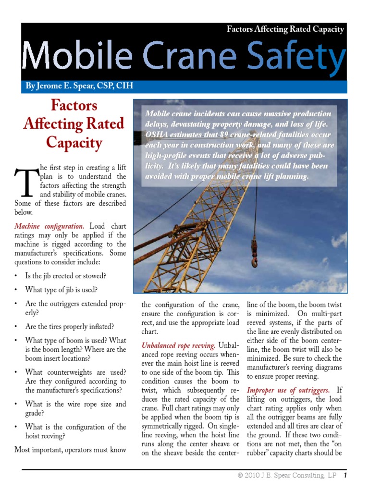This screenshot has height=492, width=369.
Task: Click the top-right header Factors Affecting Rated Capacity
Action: pos(285,29)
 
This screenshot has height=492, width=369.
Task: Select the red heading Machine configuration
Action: pos(49,226)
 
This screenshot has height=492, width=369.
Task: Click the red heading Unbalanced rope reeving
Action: pos(178,345)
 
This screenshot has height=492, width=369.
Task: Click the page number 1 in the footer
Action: pos(345,476)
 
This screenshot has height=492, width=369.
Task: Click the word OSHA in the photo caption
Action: pos(157,134)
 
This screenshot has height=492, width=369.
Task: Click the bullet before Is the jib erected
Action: pos(17,276)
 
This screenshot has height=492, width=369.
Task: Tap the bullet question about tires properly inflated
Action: pos(70,327)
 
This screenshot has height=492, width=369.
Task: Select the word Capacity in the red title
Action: pos(74,143)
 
